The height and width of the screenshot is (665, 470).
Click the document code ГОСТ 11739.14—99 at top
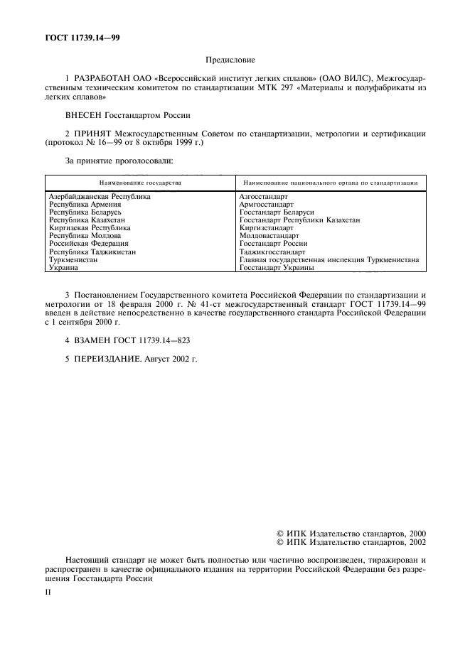coord(80,38)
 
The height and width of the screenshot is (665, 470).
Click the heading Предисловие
coord(235,62)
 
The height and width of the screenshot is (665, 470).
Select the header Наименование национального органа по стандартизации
coord(329,183)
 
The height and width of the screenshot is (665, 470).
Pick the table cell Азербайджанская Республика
coord(100,196)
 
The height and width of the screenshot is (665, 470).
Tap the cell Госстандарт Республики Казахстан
coord(299,220)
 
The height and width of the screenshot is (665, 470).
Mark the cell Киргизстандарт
coord(267,228)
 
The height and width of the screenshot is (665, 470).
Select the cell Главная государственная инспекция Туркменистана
coord(329,260)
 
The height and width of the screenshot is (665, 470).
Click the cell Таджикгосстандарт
coord(272,252)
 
